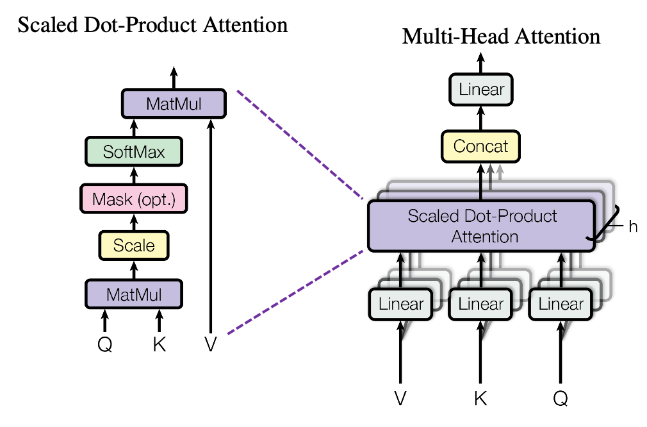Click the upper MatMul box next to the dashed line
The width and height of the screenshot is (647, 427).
click(174, 103)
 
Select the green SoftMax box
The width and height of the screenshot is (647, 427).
click(134, 151)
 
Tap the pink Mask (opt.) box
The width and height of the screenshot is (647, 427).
click(134, 199)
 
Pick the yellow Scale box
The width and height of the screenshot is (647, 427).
click(134, 246)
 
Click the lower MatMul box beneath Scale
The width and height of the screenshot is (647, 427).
click(134, 294)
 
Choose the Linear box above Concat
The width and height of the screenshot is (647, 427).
click(481, 89)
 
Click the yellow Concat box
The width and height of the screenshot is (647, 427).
click(480, 146)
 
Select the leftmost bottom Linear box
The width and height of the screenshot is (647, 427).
click(401, 304)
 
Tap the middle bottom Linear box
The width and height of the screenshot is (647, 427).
click(481, 304)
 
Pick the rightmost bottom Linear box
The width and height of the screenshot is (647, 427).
click(561, 304)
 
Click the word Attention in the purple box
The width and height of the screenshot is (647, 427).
click(484, 237)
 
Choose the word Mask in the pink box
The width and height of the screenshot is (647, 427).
click(112, 199)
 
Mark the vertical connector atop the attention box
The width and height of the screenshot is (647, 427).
click(480, 191)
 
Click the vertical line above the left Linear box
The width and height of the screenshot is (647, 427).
click(401, 281)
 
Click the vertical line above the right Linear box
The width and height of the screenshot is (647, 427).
click(561, 281)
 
